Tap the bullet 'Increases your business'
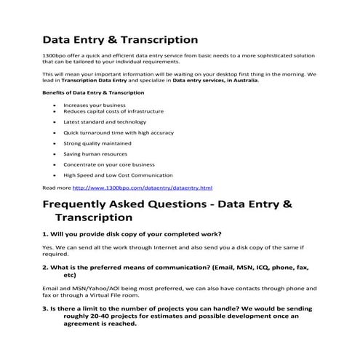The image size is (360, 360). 95,105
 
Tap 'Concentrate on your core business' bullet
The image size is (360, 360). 108,164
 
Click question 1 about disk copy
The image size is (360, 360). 132,233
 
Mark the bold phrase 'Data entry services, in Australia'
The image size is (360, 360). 215,80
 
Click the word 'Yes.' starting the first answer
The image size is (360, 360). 49,247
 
